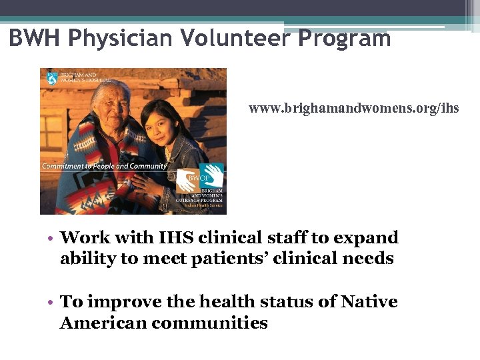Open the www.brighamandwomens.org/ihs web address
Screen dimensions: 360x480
353,107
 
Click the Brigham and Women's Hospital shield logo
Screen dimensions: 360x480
51,78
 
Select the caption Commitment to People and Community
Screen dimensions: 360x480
104,165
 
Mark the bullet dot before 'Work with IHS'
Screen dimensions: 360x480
51,239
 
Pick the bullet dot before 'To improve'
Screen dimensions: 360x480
51,303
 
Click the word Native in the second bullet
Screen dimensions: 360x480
369,302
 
